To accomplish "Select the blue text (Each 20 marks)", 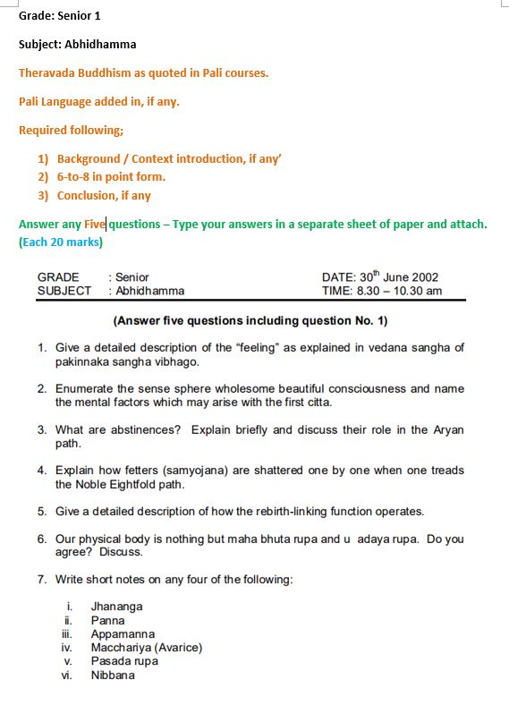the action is tap(61, 242).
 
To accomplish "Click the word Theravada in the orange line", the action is tap(48, 72).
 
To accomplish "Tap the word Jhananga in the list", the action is tap(116, 607).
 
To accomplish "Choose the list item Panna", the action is tap(107, 620).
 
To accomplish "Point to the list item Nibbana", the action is tap(113, 675).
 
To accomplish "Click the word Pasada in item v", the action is tap(110, 661).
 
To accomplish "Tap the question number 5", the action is tap(42, 512).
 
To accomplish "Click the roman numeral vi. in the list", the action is tap(67, 675).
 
